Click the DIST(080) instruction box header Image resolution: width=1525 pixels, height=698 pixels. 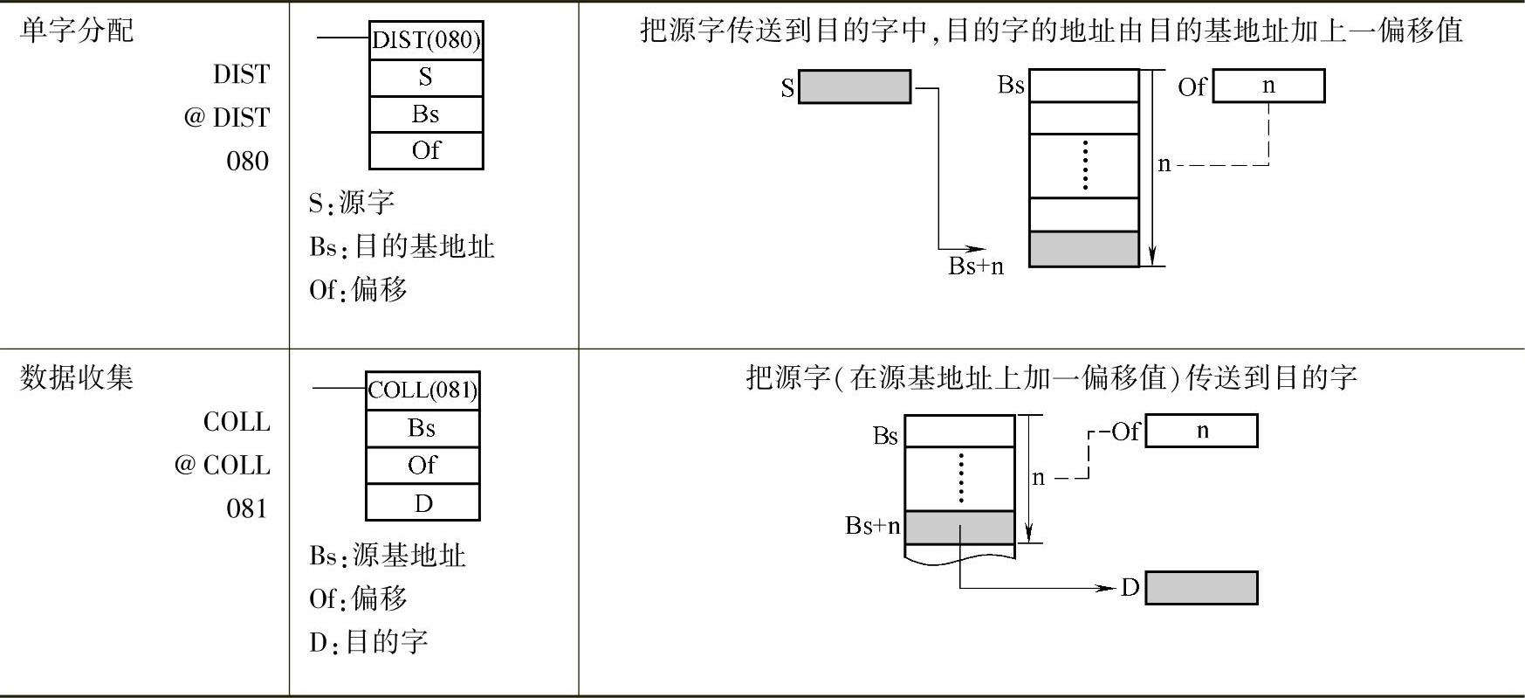[x=426, y=40]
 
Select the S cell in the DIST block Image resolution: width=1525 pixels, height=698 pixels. [x=426, y=78]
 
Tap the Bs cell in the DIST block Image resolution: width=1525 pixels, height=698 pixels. [x=426, y=114]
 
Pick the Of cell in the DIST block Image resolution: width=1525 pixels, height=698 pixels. [x=426, y=150]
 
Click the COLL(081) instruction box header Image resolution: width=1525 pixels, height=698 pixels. [x=422, y=390]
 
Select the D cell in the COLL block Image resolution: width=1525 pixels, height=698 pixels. [x=422, y=503]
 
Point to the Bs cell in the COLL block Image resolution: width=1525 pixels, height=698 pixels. [x=422, y=428]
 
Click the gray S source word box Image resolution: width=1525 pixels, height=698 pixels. [x=855, y=87]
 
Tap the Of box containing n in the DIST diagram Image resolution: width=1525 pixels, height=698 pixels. [x=1268, y=86]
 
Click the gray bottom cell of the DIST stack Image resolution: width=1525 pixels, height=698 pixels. [x=1084, y=249]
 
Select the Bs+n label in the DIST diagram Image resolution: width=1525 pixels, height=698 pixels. [x=976, y=266]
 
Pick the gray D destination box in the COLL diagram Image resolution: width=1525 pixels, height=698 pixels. [x=1201, y=588]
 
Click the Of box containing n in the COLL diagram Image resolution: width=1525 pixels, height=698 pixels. [x=1201, y=431]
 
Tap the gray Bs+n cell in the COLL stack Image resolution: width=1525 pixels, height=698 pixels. [x=959, y=527]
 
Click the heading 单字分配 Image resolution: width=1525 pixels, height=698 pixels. [x=77, y=31]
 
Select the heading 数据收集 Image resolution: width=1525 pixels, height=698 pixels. [x=77, y=377]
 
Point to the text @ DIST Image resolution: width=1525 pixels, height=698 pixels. [x=227, y=117]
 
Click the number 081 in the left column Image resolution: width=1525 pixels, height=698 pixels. [x=247, y=508]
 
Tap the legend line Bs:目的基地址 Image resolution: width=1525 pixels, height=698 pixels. [x=402, y=247]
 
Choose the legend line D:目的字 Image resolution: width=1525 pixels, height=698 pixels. [x=368, y=642]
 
